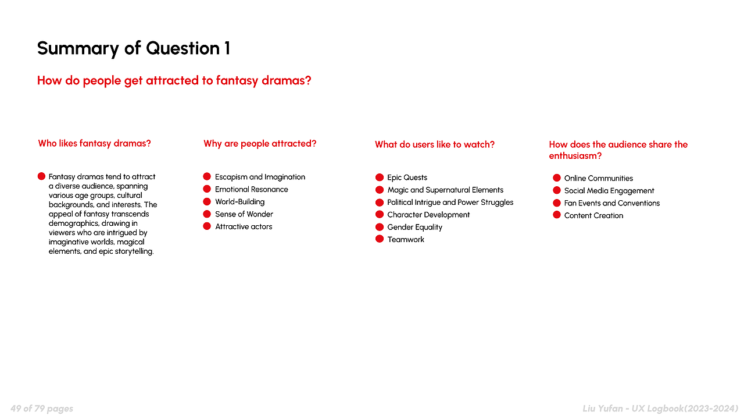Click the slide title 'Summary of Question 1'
click(134, 48)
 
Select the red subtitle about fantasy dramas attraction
click(174, 81)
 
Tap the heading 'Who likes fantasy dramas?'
click(94, 144)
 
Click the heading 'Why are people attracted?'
click(260, 144)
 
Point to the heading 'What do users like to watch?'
click(434, 145)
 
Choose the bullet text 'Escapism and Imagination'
click(260, 177)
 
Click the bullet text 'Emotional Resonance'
click(252, 189)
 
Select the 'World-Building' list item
click(240, 202)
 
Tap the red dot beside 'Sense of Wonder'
click(207, 214)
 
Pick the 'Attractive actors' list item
click(244, 226)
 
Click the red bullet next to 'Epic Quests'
click(380, 177)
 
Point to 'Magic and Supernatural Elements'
click(445, 190)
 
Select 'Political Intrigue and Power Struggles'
click(450, 202)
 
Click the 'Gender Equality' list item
click(414, 227)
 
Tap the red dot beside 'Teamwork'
click(380, 239)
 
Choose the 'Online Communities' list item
click(599, 178)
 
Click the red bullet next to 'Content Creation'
click(557, 215)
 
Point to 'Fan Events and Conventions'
click(612, 203)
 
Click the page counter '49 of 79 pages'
click(42, 409)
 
